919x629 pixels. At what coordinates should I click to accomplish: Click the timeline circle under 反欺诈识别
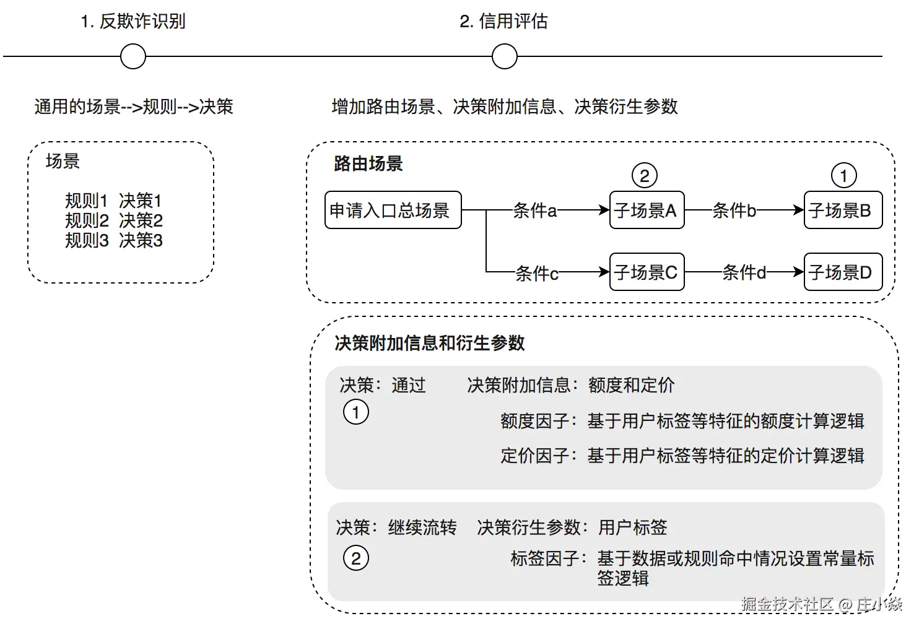[133, 56]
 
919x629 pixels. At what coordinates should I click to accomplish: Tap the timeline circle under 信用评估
[504, 56]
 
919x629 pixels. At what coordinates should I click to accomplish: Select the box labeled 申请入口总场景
[393, 210]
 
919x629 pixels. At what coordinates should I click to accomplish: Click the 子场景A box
[647, 210]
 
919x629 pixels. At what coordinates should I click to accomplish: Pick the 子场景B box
[842, 210]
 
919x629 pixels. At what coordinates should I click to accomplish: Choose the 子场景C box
[647, 272]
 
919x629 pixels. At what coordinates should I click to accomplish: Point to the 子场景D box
[842, 272]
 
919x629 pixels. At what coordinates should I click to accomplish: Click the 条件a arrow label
[535, 211]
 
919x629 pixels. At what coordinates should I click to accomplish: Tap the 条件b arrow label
[734, 211]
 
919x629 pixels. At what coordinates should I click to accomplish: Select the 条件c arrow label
[537, 273]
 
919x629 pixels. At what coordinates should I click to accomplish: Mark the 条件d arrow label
[744, 272]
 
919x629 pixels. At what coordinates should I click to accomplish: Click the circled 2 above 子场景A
[645, 176]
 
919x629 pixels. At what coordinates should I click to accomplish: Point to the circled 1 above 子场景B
[843, 176]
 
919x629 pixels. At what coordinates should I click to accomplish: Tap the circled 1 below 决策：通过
[356, 412]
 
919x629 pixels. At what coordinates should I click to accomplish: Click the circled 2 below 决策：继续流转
[356, 558]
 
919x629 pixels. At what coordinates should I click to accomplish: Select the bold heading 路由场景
[368, 164]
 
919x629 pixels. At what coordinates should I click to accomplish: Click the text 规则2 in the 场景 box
[87, 221]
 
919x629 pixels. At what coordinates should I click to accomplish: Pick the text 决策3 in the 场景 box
[141, 240]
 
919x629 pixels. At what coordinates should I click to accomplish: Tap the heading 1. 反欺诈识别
[133, 22]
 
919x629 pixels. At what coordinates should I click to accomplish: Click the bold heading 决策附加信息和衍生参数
[430, 343]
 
